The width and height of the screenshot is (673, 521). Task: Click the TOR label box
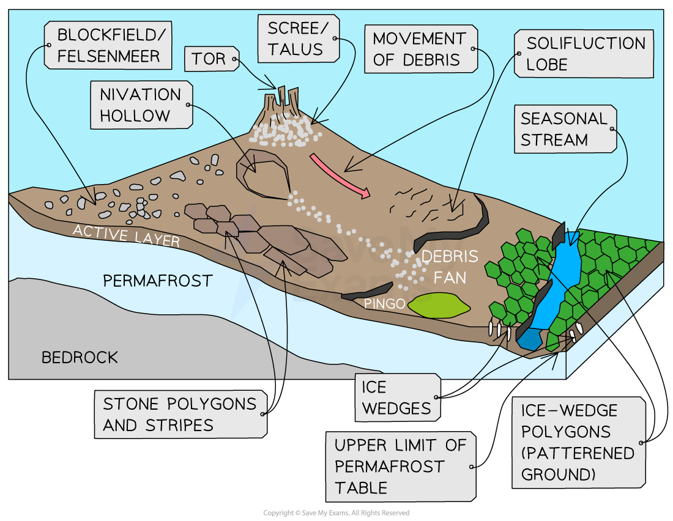click(x=208, y=59)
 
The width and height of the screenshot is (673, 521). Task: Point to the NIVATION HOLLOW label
click(x=141, y=105)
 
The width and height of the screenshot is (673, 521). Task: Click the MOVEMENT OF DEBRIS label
click(x=419, y=49)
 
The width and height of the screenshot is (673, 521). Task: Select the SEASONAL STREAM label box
click(x=563, y=129)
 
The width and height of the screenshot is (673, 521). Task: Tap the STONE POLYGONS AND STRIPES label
click(x=179, y=415)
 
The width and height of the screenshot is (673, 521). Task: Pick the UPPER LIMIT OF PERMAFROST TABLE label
click(x=400, y=467)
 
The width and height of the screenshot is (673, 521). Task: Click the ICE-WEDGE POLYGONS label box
click(x=578, y=442)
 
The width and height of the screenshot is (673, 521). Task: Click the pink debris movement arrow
click(x=340, y=176)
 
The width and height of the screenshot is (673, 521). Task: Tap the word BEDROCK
click(x=80, y=358)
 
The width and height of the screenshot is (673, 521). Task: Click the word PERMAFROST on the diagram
click(x=157, y=281)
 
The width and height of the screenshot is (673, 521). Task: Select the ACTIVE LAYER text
click(x=125, y=235)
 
